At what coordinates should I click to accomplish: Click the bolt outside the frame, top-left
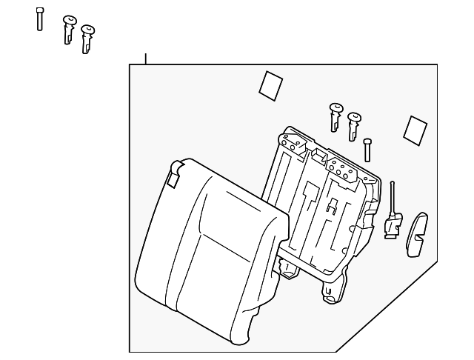39,19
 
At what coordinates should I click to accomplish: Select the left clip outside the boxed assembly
70,30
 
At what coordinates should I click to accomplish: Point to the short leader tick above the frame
146,59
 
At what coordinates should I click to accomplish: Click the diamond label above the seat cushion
270,84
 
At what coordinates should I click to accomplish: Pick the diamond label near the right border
413,129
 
